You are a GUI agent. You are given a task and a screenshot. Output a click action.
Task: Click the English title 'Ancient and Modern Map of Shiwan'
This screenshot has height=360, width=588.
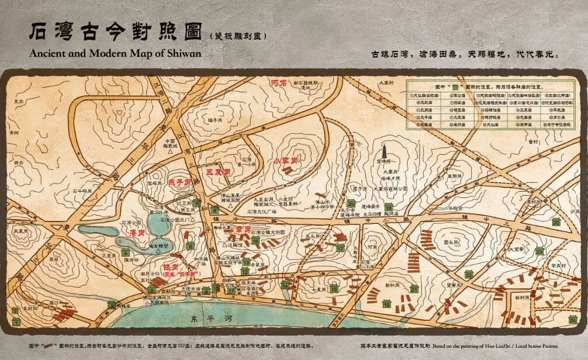click(115, 53)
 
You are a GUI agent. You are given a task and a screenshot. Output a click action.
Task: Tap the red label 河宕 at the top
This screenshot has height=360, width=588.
click(279, 83)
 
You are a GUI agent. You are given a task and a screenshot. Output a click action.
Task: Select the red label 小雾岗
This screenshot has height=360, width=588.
click(285, 160)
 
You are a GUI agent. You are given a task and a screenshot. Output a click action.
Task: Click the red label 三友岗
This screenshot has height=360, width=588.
click(216, 173)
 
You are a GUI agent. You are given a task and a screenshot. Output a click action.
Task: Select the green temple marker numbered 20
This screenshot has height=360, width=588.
click(556, 221)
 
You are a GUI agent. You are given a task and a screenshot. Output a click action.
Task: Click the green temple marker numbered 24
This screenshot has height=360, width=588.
click(572, 319)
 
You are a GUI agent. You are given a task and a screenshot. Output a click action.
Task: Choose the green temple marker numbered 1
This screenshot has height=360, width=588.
click(16, 320)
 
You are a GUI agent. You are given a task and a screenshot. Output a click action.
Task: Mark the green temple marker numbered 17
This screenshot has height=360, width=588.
click(340, 247)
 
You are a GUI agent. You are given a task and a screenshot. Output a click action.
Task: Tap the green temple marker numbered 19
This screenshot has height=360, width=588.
click(386, 303)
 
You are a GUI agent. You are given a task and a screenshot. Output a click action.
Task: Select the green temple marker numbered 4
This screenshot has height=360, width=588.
click(125, 252)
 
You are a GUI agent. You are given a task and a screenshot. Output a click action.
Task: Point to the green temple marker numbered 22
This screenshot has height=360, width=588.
click(469, 274)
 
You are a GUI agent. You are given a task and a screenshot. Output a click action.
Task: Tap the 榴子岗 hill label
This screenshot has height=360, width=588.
click(213, 120)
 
